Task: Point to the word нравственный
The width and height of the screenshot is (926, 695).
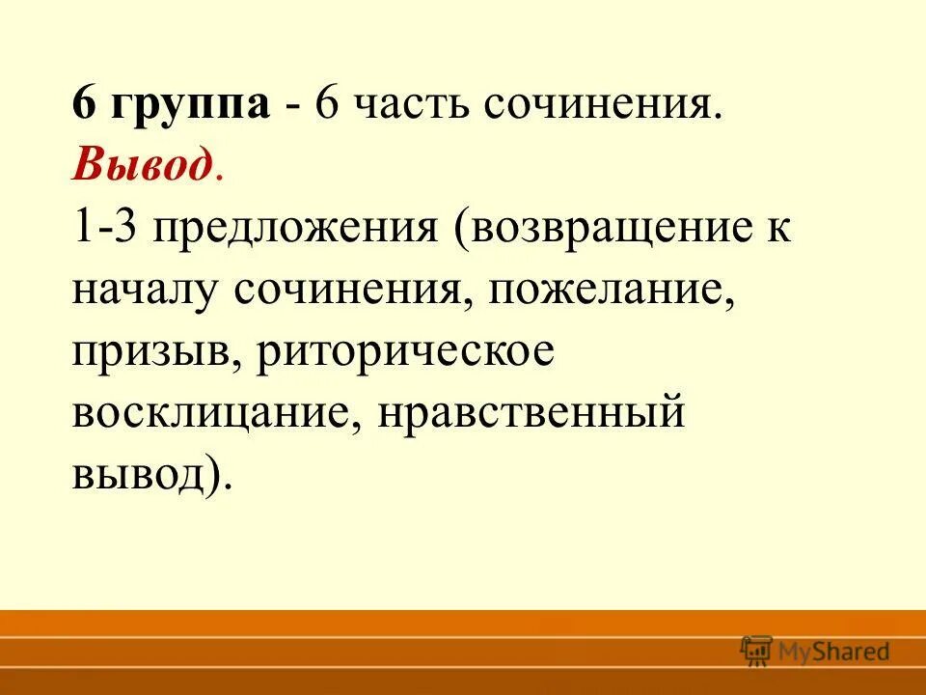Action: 531,416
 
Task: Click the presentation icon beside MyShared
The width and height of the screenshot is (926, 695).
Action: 757,651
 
